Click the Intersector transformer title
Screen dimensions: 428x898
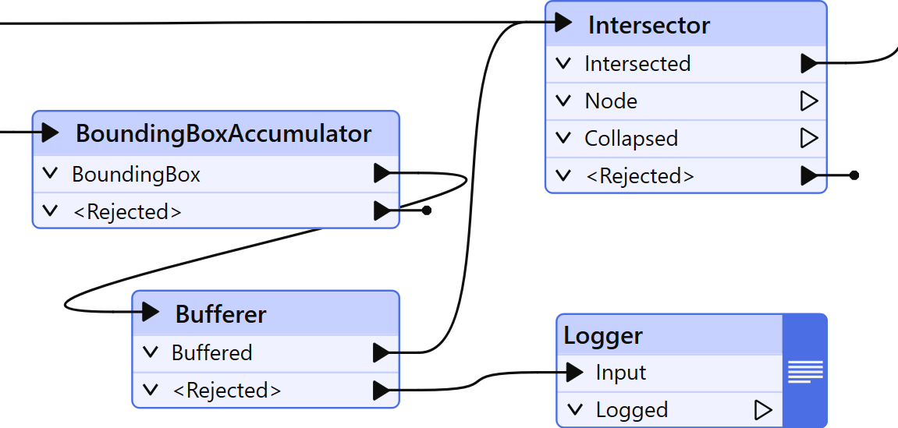(x=648, y=25)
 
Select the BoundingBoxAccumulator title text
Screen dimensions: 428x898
(x=223, y=133)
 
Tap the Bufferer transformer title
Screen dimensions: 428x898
(x=221, y=314)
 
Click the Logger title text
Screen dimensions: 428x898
(x=603, y=336)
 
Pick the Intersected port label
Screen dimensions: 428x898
(x=637, y=64)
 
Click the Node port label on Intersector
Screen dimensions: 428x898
(x=611, y=101)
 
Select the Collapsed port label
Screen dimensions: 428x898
(x=631, y=139)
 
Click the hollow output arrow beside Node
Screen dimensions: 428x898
(x=809, y=101)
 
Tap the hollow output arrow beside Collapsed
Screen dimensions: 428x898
(x=809, y=139)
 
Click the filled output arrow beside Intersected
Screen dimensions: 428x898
(x=809, y=64)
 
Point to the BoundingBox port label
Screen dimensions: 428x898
(x=136, y=175)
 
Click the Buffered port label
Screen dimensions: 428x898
(x=211, y=353)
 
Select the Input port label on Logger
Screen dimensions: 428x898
(x=620, y=373)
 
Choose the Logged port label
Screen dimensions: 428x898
(x=631, y=410)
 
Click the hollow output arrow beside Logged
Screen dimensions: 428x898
(x=763, y=410)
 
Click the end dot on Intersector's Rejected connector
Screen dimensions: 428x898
(x=854, y=176)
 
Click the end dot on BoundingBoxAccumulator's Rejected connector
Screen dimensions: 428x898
(x=427, y=210)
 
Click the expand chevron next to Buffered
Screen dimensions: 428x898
(x=151, y=352)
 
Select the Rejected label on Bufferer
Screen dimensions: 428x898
(x=226, y=391)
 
